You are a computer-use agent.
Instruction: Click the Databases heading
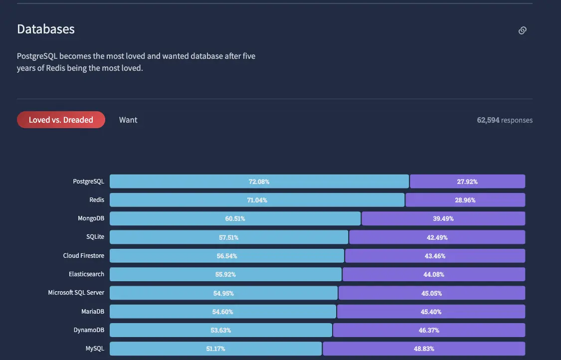[x=46, y=29]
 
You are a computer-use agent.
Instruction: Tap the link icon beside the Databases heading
[x=522, y=30]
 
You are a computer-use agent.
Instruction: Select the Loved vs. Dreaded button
[x=61, y=120]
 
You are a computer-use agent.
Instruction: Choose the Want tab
[x=128, y=120]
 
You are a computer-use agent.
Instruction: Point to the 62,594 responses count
[x=505, y=120]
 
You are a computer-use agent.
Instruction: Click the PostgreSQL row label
[x=89, y=181]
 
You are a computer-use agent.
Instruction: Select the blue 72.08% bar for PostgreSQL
[x=259, y=181]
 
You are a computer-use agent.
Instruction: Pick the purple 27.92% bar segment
[x=467, y=181]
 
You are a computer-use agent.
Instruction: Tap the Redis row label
[x=97, y=200]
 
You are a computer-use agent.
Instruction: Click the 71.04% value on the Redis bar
[x=257, y=200]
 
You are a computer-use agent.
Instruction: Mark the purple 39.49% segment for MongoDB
[x=443, y=218]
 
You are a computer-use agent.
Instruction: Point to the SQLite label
[x=95, y=237]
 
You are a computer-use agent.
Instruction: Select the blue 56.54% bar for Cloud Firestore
[x=227, y=256]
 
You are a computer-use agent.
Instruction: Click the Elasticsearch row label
[x=87, y=274]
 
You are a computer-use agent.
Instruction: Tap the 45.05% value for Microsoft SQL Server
[x=431, y=293]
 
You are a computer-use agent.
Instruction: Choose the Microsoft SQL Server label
[x=76, y=293]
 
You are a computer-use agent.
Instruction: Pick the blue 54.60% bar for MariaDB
[x=222, y=312]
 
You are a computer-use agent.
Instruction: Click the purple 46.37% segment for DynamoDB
[x=429, y=330]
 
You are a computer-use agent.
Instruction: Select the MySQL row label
[x=95, y=349]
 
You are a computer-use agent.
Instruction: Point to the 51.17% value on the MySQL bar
[x=216, y=349]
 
